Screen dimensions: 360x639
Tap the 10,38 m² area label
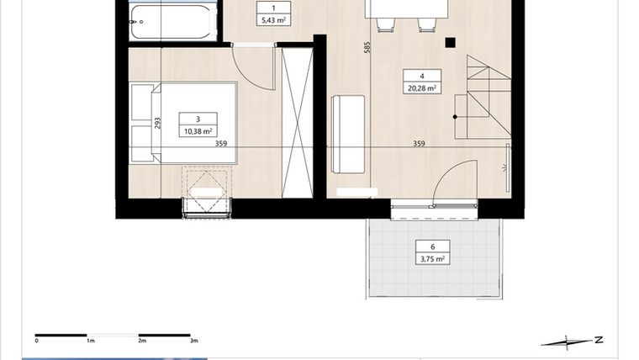pos(197,131)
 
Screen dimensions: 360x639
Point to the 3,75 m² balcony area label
pos(432,259)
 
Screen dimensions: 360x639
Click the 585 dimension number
pos(367,49)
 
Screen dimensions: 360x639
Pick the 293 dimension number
pos(157,123)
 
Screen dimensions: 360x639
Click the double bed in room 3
pos(185,123)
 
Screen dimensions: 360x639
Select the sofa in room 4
pos(348,133)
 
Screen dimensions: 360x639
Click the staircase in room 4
pos(483,97)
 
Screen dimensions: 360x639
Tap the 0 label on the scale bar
pos(36,341)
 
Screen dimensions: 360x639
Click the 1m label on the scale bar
pos(90,341)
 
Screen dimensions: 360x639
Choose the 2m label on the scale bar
pos(142,341)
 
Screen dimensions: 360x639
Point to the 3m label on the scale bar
pos(193,341)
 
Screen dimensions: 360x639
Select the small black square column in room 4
pos(451,42)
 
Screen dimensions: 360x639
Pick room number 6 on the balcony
pos(432,246)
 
